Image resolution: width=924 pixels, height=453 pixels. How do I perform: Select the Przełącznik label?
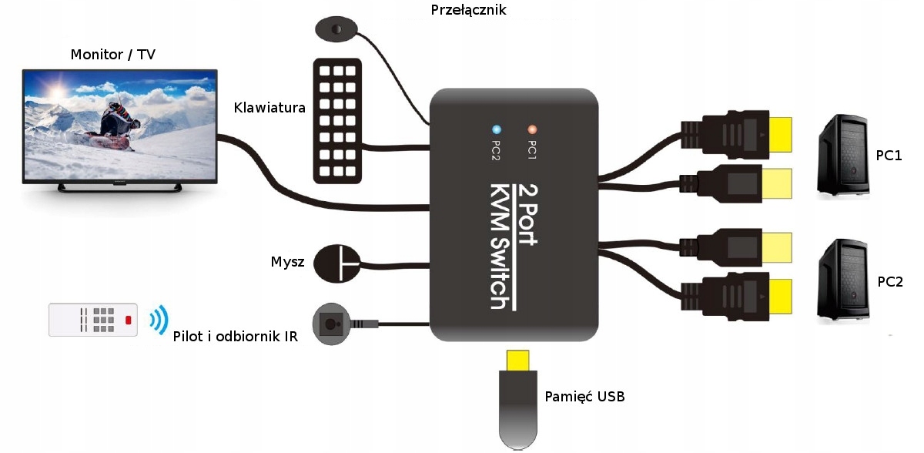pyautogui.click(x=470, y=10)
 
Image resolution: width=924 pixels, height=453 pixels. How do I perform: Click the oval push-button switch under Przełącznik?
pyautogui.click(x=336, y=29)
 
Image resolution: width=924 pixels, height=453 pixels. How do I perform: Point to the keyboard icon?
pyautogui.click(x=338, y=119)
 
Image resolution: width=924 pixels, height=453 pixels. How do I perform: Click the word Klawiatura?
pyautogui.click(x=269, y=107)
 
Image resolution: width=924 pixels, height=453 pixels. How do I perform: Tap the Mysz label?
pyautogui.click(x=287, y=262)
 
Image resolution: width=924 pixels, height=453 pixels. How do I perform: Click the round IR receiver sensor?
pyautogui.click(x=332, y=324)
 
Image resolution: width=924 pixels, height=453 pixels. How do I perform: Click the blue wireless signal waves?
pyautogui.click(x=158, y=320)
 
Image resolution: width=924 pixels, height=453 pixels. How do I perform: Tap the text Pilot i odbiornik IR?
pyautogui.click(x=236, y=336)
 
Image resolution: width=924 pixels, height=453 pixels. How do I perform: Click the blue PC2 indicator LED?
pyautogui.click(x=497, y=129)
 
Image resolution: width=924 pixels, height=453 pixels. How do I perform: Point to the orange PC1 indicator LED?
pyautogui.click(x=531, y=129)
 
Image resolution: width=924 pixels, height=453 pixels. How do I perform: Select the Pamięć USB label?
pyautogui.click(x=584, y=397)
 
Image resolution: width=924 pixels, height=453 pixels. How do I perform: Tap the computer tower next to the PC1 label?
pyautogui.click(x=842, y=156)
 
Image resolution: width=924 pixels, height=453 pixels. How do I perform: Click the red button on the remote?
pyautogui.click(x=129, y=320)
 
